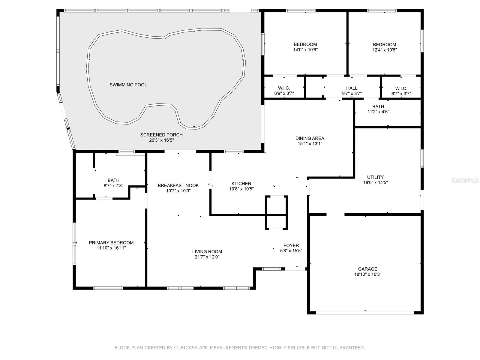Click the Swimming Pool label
click(128, 85)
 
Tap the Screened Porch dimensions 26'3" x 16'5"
click(161, 140)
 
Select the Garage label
click(367, 269)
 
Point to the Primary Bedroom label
click(111, 243)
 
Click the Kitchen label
click(241, 184)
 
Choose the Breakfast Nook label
click(178, 186)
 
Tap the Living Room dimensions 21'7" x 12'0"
click(207, 257)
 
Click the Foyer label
click(291, 245)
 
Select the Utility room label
click(375, 177)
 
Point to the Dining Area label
click(310, 138)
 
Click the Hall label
click(352, 88)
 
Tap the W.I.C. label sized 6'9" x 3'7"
click(284, 88)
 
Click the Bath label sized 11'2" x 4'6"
click(378, 107)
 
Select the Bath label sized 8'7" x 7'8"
click(113, 181)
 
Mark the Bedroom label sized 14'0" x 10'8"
click(305, 44)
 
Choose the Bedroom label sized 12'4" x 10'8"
click(384, 45)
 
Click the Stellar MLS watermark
click(465, 180)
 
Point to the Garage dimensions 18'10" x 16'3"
click(367, 274)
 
